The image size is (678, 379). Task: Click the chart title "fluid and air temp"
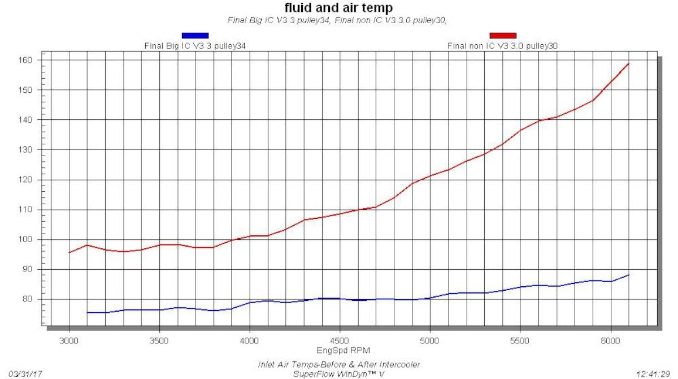point(338,8)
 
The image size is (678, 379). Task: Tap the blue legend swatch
point(195,36)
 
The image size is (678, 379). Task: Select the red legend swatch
point(502,36)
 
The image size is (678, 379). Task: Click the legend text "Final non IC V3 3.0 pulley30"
point(503,46)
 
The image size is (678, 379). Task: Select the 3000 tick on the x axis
point(69,342)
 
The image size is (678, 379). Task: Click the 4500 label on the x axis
point(339,342)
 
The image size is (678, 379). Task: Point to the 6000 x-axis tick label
point(610,342)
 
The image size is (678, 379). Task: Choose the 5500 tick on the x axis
point(520,342)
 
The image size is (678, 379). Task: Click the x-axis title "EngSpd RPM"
point(339,351)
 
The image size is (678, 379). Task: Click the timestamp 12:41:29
point(654,374)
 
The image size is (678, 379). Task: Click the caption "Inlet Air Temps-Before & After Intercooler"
point(338,364)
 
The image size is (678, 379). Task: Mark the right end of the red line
point(629,63)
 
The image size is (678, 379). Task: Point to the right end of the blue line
point(629,275)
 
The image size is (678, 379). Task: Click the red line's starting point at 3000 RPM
point(69,252)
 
